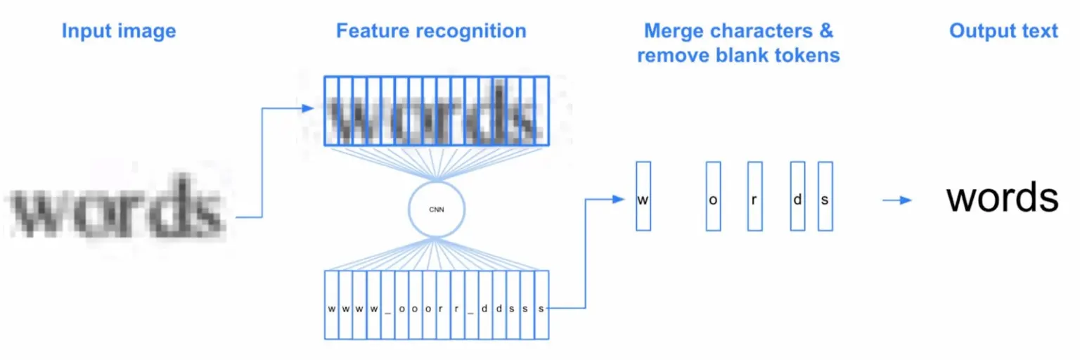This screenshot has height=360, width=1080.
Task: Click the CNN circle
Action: coord(437,209)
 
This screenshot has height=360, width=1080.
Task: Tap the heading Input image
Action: coord(119,31)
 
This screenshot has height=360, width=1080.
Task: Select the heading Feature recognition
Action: coord(431,31)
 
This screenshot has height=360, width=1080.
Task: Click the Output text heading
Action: coord(1003,31)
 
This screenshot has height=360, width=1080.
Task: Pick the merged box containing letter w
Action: coord(643,196)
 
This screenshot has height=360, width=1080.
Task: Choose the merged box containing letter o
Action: coord(713,196)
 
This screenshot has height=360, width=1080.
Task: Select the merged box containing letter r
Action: coord(754,196)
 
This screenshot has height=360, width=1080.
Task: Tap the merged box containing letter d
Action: coord(797,196)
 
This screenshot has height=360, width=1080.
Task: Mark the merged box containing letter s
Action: coord(825,196)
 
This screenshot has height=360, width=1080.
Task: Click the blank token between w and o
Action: coord(387,308)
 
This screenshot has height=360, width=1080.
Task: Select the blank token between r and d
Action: coord(471,308)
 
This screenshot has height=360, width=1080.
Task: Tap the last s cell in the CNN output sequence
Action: coord(541,308)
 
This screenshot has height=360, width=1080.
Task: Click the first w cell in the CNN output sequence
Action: coord(331,308)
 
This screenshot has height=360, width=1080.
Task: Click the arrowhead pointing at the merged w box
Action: coord(619,199)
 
